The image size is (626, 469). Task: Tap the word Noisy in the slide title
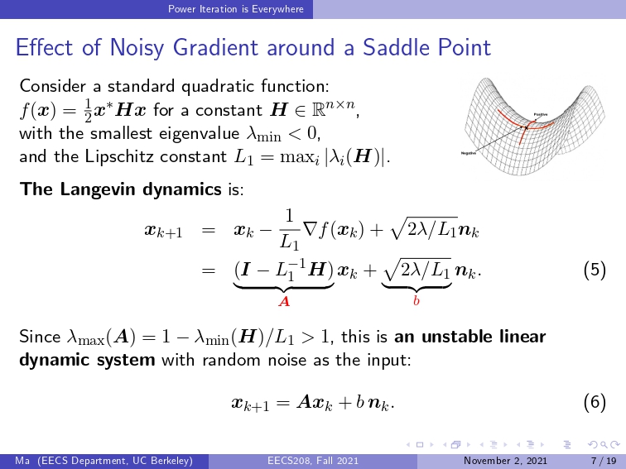[x=137, y=48]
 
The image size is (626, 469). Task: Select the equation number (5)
[x=595, y=270]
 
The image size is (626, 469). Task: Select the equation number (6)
[x=595, y=402]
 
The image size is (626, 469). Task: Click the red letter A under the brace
[x=284, y=301]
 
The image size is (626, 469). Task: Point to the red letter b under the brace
[x=417, y=301]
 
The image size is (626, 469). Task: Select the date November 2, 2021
[x=505, y=461]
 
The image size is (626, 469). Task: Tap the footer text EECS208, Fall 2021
[x=313, y=461]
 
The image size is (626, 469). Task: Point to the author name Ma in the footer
[x=22, y=461]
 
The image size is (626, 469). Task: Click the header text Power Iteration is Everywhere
[x=235, y=9]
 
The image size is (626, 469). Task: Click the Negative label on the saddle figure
[x=469, y=153]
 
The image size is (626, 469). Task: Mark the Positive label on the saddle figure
[x=541, y=115]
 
